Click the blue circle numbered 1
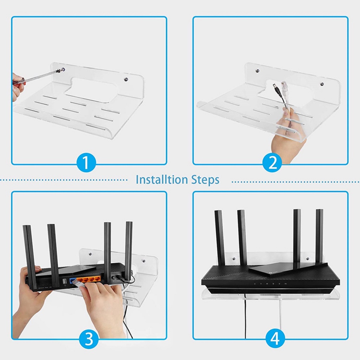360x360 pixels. click(x=86, y=163)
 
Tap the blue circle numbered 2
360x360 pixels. click(x=272, y=163)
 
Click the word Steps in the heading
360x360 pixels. click(x=205, y=180)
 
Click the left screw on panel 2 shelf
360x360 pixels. click(x=257, y=71)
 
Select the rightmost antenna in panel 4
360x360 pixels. click(x=319, y=236)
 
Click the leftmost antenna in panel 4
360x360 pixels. click(x=219, y=237)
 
